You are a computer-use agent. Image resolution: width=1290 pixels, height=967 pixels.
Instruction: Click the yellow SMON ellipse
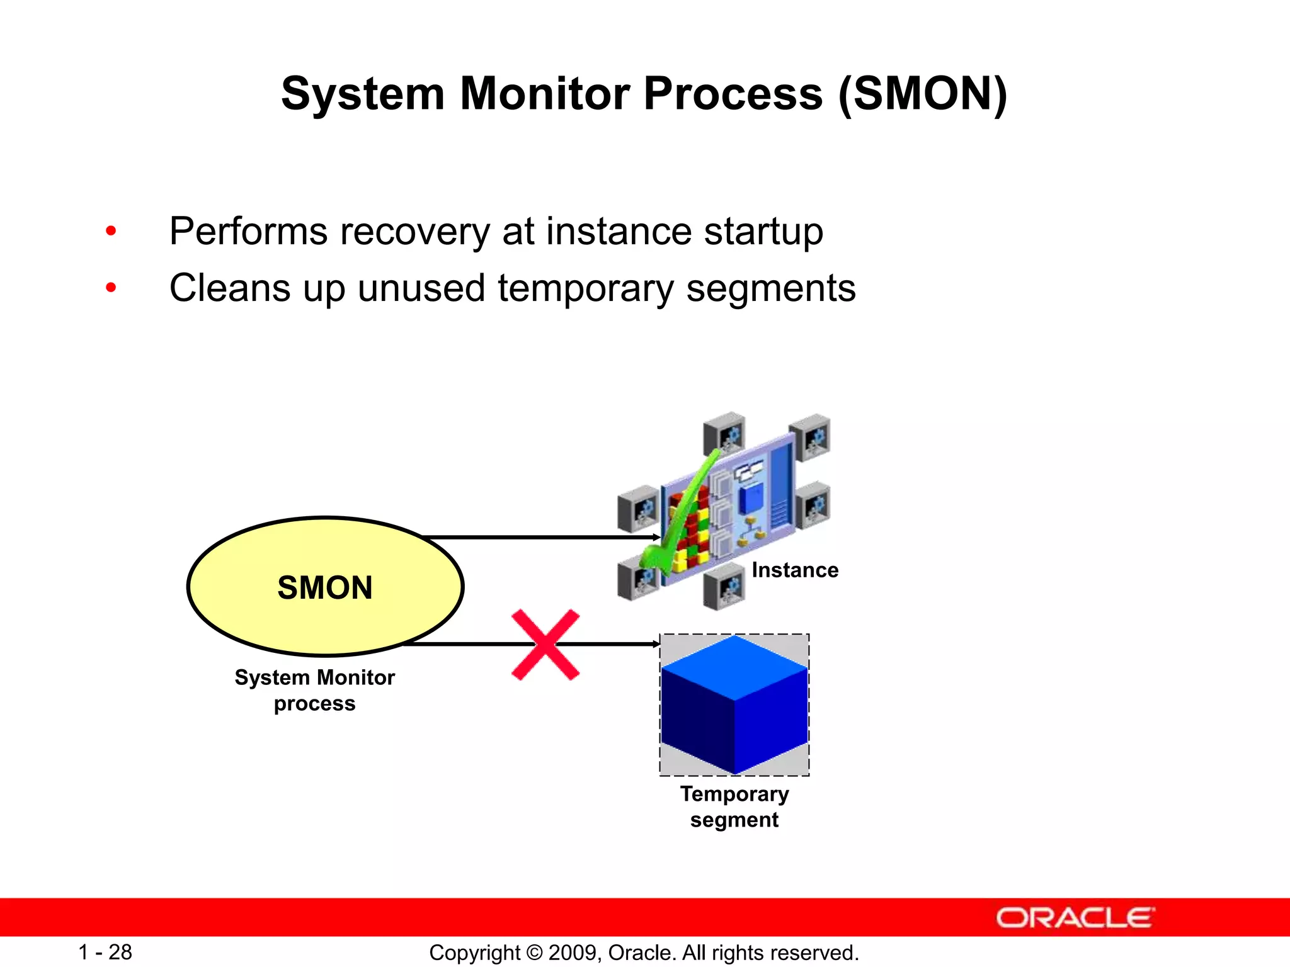tap(325, 587)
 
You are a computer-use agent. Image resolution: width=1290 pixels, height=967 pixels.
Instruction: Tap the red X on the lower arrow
tap(545, 644)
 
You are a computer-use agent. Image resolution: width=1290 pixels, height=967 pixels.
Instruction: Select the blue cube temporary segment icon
tap(734, 705)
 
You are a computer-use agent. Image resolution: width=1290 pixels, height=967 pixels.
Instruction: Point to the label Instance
tap(795, 570)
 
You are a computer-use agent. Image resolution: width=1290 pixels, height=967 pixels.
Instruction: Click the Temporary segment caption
tap(734, 806)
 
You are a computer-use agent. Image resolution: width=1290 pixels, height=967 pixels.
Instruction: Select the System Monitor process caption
tap(314, 690)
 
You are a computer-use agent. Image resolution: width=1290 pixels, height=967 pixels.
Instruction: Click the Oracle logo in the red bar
tap(1075, 918)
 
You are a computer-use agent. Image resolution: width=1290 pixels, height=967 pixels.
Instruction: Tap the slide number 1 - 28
tap(105, 952)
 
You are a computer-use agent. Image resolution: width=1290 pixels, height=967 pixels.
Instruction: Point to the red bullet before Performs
tap(111, 231)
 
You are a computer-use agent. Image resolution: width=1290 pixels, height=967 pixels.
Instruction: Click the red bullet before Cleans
tap(111, 288)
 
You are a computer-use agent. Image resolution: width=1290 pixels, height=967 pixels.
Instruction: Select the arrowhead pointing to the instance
tap(656, 538)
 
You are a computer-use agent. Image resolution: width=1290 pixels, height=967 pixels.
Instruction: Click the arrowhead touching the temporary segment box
tap(656, 644)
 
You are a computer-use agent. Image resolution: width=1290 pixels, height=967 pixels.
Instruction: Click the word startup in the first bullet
tap(763, 232)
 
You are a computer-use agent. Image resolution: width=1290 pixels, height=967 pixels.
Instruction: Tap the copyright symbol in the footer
tap(534, 953)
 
